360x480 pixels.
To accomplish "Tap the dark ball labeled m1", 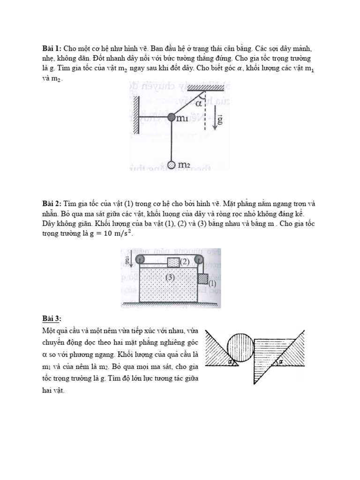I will click(171, 117).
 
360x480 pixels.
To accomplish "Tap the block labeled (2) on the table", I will click(174, 262).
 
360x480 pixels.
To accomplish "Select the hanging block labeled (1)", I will click(202, 279).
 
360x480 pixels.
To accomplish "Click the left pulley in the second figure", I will click(139, 259).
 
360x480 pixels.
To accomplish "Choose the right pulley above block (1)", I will click(199, 259).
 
